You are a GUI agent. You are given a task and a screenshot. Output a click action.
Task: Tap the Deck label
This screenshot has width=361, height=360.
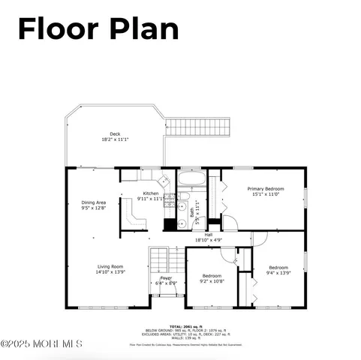[x=115, y=134]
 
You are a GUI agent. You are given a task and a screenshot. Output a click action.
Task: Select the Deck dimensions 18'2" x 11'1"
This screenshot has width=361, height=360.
[x=115, y=140]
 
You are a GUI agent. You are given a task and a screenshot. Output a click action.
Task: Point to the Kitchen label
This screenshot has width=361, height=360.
[x=151, y=193]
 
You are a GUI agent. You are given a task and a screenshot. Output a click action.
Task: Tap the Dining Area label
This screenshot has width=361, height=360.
[x=94, y=202]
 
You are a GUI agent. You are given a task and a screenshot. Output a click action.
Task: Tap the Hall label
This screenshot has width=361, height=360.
[x=208, y=235]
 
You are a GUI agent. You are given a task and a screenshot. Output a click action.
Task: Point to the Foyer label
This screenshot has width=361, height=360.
[x=166, y=278]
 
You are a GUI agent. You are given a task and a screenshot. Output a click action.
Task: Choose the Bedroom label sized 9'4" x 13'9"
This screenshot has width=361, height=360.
[x=279, y=267]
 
